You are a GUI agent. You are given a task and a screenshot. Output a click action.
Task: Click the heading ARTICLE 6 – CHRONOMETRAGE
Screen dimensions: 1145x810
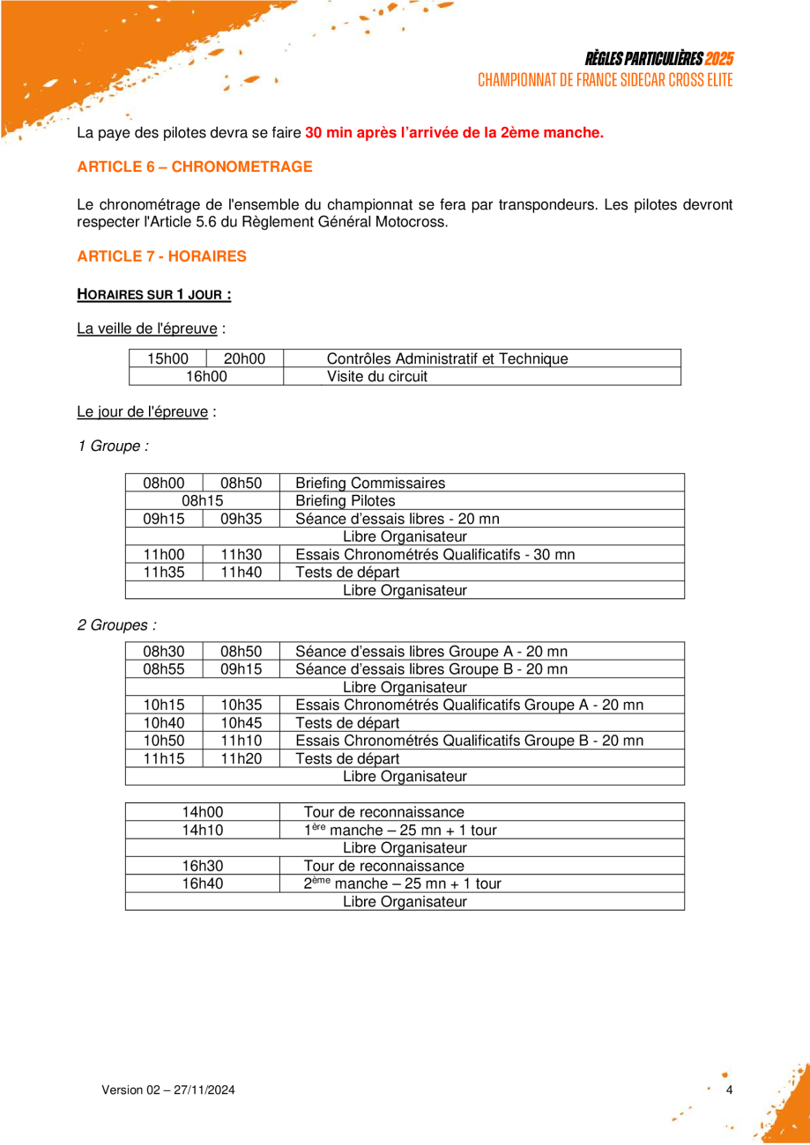195,166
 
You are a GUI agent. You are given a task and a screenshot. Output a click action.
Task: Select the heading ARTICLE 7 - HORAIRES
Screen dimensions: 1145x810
161,256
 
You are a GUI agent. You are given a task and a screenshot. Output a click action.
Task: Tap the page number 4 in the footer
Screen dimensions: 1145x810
729,1090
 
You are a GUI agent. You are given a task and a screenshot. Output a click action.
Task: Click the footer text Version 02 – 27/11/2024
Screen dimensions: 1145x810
168,1090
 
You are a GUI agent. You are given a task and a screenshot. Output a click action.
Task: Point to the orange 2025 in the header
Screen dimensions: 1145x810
719,59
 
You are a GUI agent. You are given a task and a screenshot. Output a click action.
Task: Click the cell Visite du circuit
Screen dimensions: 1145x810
377,377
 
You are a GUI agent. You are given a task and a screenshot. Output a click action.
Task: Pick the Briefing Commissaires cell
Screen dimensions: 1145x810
370,483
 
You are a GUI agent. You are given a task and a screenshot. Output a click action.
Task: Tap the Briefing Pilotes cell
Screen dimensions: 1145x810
345,501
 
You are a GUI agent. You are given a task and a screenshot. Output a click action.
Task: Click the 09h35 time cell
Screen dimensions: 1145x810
241,519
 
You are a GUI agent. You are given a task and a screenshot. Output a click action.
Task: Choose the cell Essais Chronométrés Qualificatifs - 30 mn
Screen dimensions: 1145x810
435,555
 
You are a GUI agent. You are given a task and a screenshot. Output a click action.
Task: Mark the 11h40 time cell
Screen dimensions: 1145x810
241,572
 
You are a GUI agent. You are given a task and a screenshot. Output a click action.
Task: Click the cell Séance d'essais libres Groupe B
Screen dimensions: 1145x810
431,669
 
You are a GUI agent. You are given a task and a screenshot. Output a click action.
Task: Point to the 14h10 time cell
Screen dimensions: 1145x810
202,830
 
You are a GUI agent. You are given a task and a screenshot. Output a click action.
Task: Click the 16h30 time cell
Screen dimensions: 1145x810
202,866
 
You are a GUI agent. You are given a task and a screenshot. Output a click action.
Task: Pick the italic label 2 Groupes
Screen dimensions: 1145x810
117,625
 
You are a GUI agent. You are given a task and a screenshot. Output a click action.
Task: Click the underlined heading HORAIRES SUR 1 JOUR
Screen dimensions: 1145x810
154,293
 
